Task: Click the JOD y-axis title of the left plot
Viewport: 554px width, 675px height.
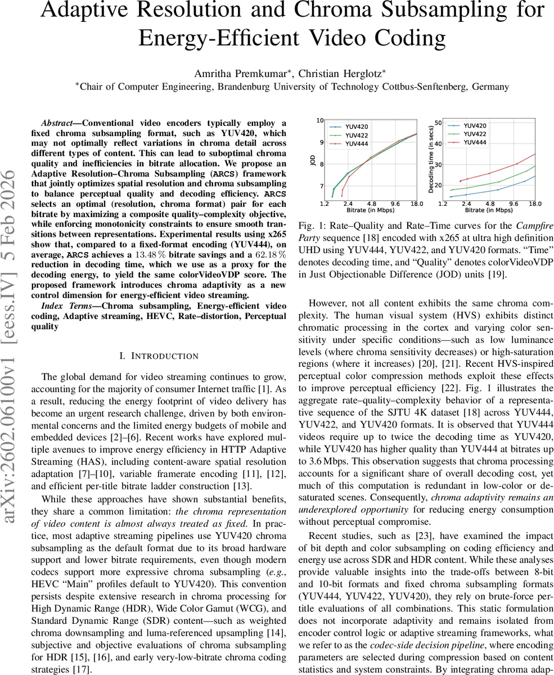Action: pos(313,159)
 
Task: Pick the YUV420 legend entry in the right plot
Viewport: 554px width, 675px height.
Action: pos(475,126)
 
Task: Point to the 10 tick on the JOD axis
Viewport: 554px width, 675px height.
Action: pos(319,120)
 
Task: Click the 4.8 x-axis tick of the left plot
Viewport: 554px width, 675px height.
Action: pos(371,203)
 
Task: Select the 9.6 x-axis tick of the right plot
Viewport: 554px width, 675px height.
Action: pos(513,203)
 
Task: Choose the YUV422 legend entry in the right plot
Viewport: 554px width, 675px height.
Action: pos(475,134)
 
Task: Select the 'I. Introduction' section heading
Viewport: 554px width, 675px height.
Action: pos(159,355)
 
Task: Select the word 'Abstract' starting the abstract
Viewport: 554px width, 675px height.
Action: pos(61,123)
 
